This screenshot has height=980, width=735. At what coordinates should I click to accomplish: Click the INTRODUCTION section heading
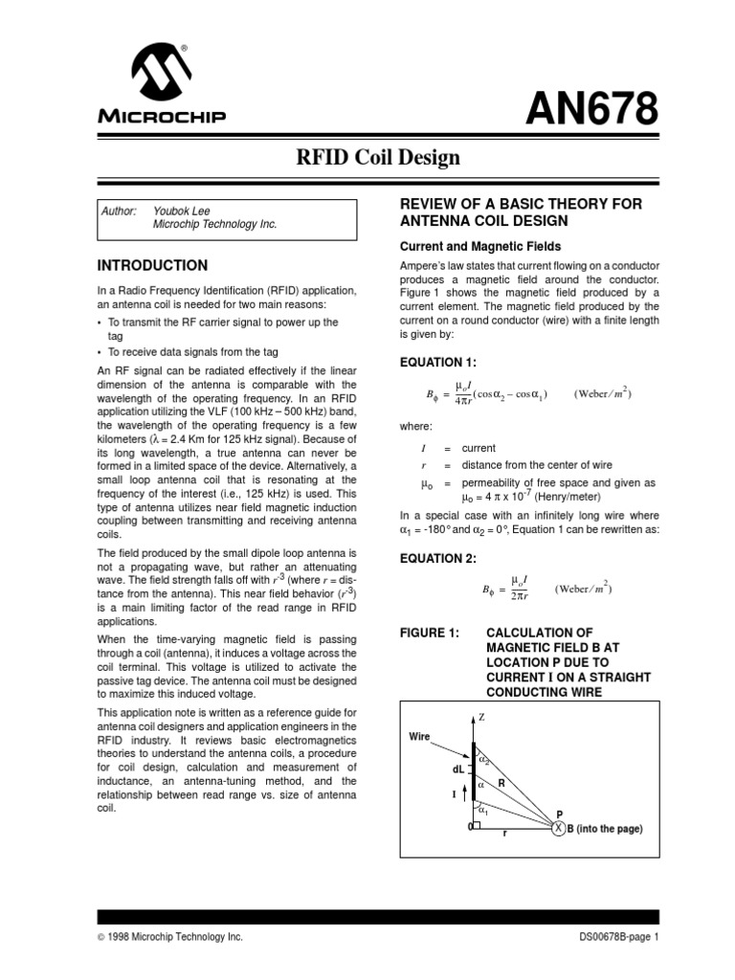click(153, 264)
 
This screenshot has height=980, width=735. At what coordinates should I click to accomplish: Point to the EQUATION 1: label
click(436, 363)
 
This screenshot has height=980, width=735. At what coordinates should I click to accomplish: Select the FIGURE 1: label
click(429, 633)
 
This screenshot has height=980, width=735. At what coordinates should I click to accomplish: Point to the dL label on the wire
click(457, 768)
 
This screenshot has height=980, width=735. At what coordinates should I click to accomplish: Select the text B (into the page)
click(605, 829)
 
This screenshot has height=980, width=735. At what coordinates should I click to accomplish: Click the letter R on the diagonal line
click(500, 782)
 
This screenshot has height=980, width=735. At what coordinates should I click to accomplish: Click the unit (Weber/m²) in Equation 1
click(602, 393)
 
